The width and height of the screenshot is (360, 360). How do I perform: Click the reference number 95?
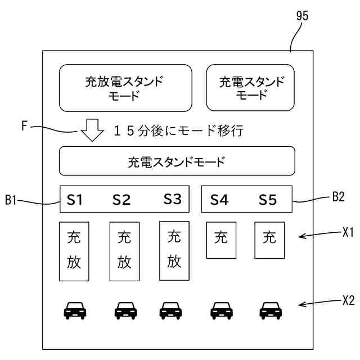tap(302, 16)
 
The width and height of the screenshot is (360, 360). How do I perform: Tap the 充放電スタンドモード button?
tap(125, 88)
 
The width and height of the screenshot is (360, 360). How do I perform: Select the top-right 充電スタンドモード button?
tap(250, 88)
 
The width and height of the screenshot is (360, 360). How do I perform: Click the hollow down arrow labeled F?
tap(92, 130)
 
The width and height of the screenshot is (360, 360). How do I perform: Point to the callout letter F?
tap(24, 126)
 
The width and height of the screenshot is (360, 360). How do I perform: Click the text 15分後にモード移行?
tap(178, 130)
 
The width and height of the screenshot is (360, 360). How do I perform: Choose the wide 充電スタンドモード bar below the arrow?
tap(177, 161)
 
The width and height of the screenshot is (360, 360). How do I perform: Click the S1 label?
tap(74, 200)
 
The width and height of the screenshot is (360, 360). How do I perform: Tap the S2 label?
tap(121, 200)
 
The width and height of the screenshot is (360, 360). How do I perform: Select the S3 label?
tap(173, 199)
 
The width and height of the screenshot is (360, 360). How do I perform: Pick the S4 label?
tap(219, 200)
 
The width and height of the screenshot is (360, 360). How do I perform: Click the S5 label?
tap(268, 200)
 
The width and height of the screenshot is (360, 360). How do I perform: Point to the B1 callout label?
tap(11, 200)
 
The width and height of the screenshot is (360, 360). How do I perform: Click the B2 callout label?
tap(339, 197)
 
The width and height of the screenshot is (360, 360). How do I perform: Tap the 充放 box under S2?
tap(125, 251)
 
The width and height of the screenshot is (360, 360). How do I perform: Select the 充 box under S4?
tap(221, 240)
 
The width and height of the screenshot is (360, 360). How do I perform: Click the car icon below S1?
tap(75, 310)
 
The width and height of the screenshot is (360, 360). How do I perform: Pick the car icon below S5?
tap(271, 310)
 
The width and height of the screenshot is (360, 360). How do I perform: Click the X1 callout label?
tap(348, 232)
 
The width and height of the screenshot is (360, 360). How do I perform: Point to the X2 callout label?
tap(349, 300)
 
